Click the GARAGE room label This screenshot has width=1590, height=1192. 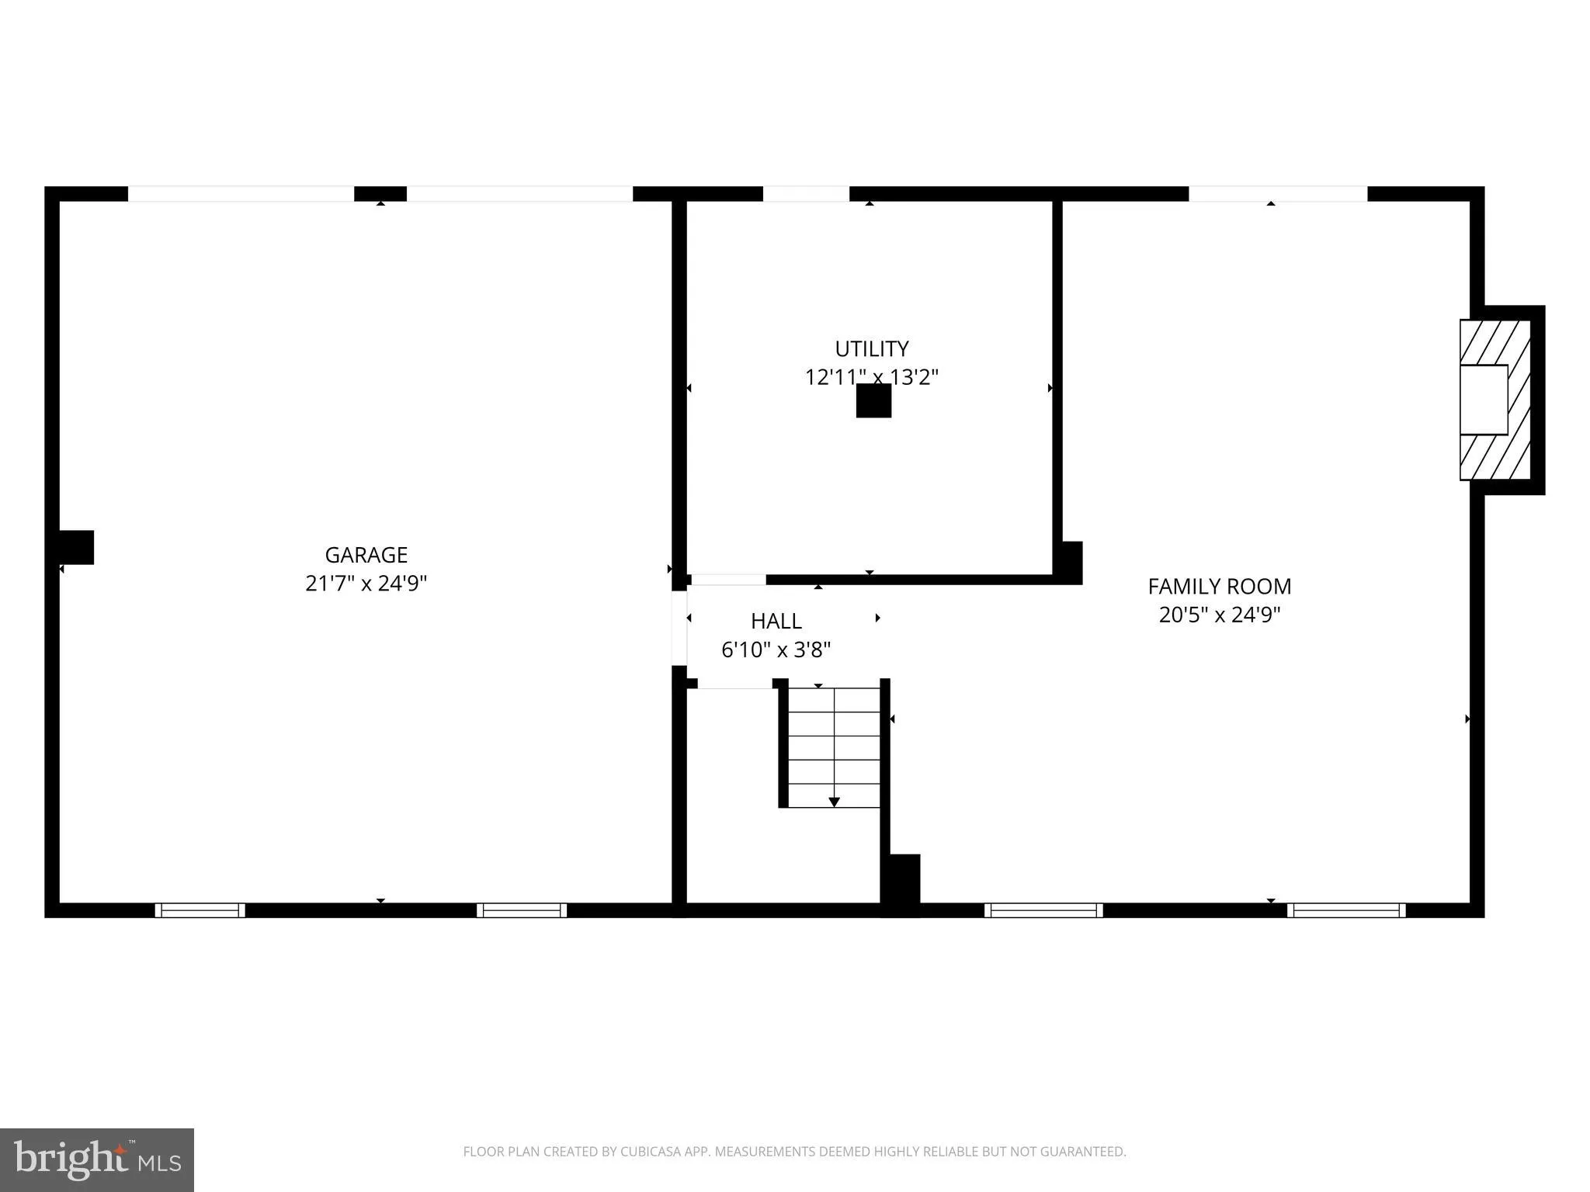tap(366, 555)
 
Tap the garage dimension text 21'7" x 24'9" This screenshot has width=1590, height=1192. tap(366, 583)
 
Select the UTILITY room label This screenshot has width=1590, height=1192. tap(871, 348)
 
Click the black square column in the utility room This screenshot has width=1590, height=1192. tap(873, 401)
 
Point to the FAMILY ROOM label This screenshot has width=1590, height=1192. tap(1219, 586)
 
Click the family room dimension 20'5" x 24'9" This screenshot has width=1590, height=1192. tap(1219, 615)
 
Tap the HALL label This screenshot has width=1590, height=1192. tap(776, 621)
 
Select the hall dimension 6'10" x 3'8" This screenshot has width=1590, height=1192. tap(776, 650)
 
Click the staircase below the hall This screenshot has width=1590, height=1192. tap(834, 747)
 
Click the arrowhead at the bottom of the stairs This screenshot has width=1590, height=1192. tap(835, 802)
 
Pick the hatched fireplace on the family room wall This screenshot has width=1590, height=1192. tap(1495, 400)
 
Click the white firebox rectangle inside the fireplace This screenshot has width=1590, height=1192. tap(1483, 400)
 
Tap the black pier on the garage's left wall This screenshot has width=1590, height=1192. tap(77, 547)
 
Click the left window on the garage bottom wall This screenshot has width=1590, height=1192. tap(200, 910)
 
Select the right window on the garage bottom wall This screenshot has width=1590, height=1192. tap(522, 910)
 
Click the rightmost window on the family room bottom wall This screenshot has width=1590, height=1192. tap(1345, 910)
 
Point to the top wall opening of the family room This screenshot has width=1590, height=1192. tap(1277, 194)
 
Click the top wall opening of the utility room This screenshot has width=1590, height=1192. tap(806, 194)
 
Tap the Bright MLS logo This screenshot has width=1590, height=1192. tap(97, 1159)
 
